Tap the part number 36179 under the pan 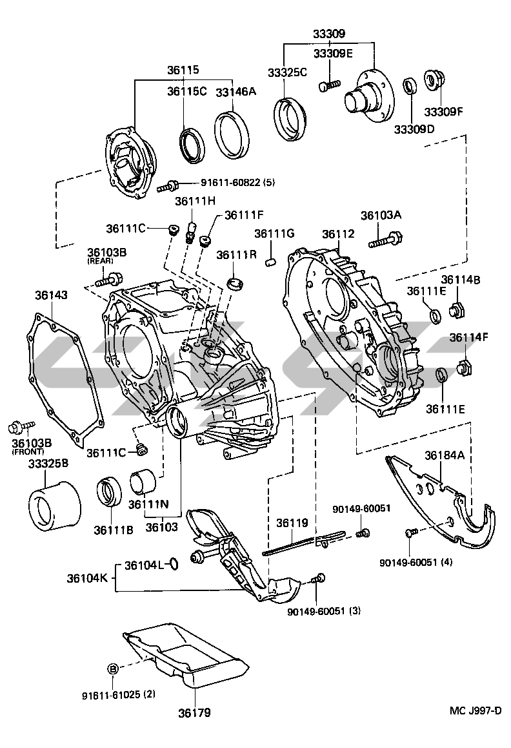pos(194,713)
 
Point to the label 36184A pos(445,455)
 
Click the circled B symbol pos(112,669)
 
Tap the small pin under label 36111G pos(272,261)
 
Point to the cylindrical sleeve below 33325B pos(54,504)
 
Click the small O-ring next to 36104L pos(173,565)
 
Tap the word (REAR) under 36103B pos(100,262)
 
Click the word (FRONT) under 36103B pos(25,452)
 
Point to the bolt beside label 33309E pos(330,85)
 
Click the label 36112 pos(339,234)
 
